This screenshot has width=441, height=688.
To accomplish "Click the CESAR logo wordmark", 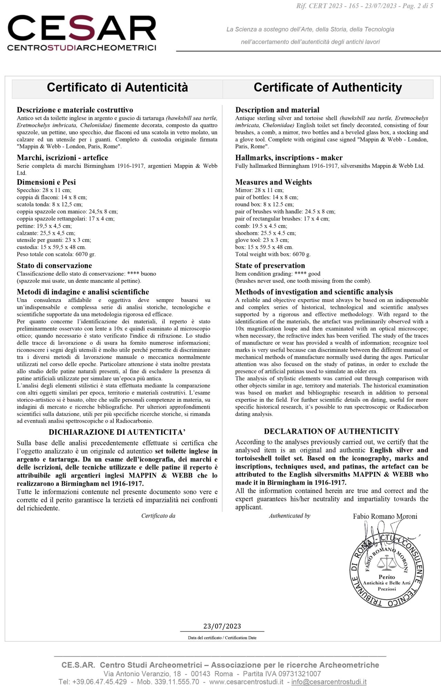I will [x=82, y=28].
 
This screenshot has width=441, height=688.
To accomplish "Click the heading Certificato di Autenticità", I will [x=117, y=87].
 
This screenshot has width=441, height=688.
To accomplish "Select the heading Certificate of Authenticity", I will [x=328, y=87].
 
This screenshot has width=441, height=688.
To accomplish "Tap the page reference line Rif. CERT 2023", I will [x=365, y=6].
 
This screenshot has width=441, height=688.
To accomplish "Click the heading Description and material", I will [x=277, y=110].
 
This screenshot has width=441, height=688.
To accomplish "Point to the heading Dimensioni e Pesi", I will [x=46, y=182].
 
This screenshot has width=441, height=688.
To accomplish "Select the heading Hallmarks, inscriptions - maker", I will [x=289, y=158].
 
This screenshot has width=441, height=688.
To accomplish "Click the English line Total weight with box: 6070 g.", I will [x=273, y=255].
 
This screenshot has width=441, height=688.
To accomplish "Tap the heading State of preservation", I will [x=270, y=266].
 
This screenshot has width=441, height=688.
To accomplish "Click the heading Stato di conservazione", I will [x=54, y=266].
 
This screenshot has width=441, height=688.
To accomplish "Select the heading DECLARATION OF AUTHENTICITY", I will [x=331, y=431].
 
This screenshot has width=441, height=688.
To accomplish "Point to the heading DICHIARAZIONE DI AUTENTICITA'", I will [x=117, y=432].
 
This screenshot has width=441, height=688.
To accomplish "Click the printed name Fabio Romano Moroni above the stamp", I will [x=385, y=516].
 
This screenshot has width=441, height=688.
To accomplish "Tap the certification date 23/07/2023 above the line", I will [x=222, y=626].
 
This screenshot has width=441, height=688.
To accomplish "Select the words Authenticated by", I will [x=289, y=516].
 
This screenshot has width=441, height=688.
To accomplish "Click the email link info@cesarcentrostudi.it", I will [x=329, y=682].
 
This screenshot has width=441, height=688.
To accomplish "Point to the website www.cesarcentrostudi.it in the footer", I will [x=246, y=682].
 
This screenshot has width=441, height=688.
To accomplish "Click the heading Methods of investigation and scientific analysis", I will [x=314, y=292].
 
